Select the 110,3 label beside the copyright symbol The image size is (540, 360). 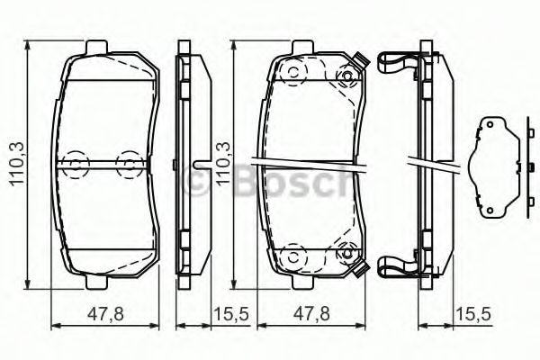click(x=218, y=163)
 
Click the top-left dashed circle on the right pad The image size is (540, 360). click(x=292, y=74)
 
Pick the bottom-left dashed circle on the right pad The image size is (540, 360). click(x=292, y=256)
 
